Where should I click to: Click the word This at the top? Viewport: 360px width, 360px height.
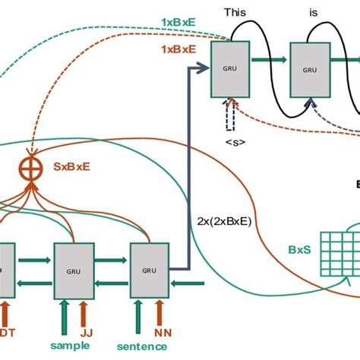pos(232,13)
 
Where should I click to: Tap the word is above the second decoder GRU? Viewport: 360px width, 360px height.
pos(314,13)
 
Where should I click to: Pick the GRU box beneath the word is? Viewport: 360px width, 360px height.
pos(310,68)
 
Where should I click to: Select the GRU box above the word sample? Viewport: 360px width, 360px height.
pos(74,270)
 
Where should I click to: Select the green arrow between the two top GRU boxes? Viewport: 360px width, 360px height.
pos(271,67)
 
